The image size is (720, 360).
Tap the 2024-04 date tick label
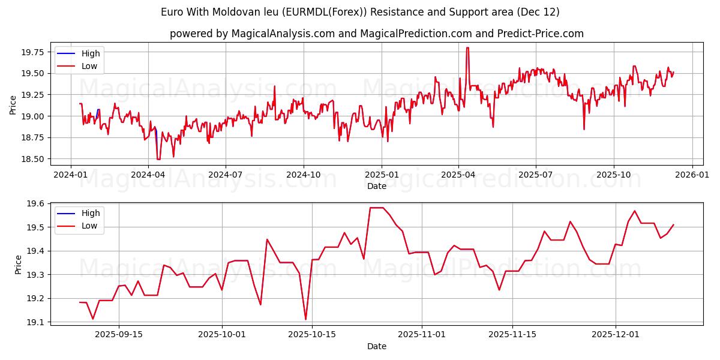tap(148, 174)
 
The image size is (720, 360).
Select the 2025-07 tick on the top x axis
tap(535, 174)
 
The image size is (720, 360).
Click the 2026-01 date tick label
tap(692, 174)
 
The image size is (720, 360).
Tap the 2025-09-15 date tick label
tap(118, 334)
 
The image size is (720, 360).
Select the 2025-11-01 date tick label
tap(422, 334)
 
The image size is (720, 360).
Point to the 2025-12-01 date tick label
tap(616, 334)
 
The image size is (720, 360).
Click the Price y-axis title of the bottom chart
tap(18, 265)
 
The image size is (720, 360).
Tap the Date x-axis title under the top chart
tap(376, 186)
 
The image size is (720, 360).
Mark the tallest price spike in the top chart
tap(467, 48)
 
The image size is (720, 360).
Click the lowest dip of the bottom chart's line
tap(305, 319)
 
